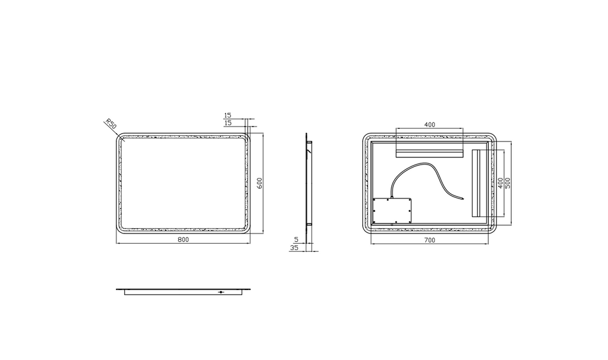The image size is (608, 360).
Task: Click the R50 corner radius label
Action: pyautogui.click(x=111, y=125)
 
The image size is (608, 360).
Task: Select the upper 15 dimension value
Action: pyautogui.click(x=227, y=115)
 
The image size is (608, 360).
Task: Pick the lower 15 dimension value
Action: pyautogui.click(x=227, y=122)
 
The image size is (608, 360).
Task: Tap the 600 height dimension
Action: pyautogui.click(x=260, y=183)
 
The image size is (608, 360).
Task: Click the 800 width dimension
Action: pyautogui.click(x=183, y=239)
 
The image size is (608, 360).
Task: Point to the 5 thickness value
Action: pyautogui.click(x=297, y=239)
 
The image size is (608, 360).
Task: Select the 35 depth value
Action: pyautogui.click(x=294, y=247)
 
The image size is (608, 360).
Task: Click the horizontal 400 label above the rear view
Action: pyautogui.click(x=430, y=125)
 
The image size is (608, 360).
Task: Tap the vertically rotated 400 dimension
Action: pyautogui.click(x=501, y=183)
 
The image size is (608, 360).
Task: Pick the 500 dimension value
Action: pyautogui.click(x=508, y=183)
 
